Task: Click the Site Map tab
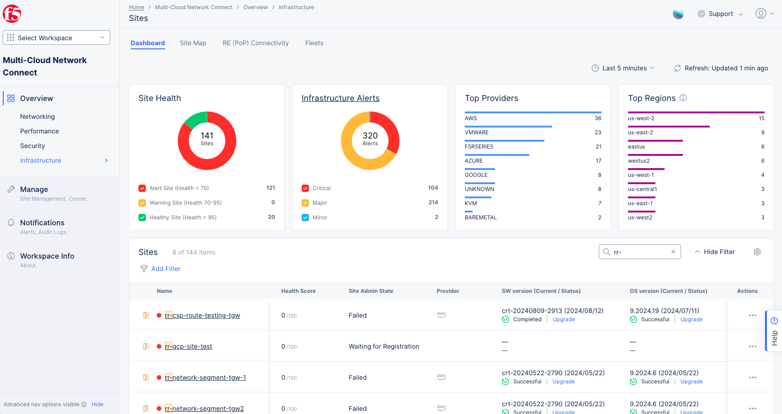click(193, 43)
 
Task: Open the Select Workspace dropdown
click(56, 37)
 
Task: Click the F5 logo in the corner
click(12, 14)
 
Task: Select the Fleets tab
click(314, 43)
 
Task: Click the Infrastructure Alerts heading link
click(340, 98)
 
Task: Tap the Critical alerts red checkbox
click(305, 188)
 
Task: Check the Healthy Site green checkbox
click(142, 218)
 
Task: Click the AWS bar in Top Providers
click(532, 112)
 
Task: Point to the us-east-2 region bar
click(668, 127)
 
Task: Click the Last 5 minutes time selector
click(623, 68)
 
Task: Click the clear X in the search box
click(673, 252)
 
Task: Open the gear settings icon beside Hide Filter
click(757, 252)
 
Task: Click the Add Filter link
click(165, 269)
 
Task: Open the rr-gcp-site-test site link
click(188, 346)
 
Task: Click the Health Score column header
click(298, 291)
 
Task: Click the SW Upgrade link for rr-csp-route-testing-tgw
click(564, 319)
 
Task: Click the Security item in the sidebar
click(32, 146)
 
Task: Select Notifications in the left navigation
click(42, 223)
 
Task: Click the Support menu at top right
click(720, 14)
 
